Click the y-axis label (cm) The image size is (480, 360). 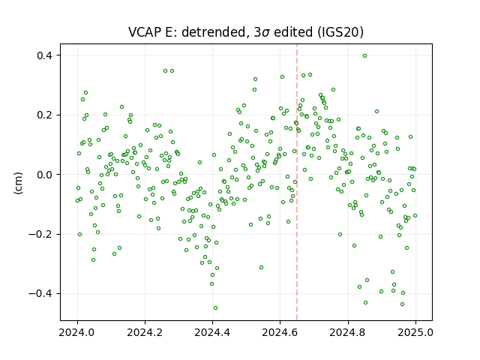(18, 183)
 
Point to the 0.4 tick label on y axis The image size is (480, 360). (45, 55)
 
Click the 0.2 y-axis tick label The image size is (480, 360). (45, 115)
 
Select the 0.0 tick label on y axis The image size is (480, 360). (45, 175)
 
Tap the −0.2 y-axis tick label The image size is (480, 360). (40, 234)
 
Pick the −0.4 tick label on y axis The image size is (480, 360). (40, 294)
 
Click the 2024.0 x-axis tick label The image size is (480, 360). (76, 332)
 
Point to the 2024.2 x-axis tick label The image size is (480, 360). (145, 332)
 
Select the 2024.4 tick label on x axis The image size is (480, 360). (212, 332)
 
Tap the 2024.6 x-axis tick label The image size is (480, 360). (280, 332)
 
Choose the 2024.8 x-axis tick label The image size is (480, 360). (348, 332)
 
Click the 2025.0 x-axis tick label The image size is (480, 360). (415, 332)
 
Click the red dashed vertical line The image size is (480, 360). (297, 182)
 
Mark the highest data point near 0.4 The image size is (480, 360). (364, 56)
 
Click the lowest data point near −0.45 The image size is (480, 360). (215, 308)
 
